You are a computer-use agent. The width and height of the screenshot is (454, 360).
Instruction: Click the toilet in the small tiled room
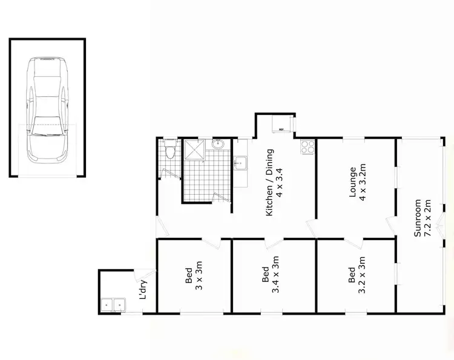tap(172, 151)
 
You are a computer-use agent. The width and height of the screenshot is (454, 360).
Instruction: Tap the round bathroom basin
tap(219, 145)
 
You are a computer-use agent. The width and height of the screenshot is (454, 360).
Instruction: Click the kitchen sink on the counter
tap(240, 163)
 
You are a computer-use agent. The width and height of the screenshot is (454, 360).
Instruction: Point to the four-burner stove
tap(307, 145)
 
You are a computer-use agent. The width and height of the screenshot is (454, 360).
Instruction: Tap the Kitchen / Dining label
tap(269, 182)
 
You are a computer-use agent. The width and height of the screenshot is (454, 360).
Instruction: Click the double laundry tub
tap(113, 305)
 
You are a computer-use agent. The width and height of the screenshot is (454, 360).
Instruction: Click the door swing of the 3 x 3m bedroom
tap(212, 243)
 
